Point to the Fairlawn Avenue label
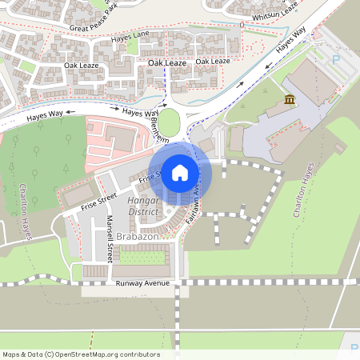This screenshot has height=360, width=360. point(193,204)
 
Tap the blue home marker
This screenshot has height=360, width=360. point(180,172)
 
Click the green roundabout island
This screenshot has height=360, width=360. point(170,122)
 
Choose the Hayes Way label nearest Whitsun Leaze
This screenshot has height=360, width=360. point(291,42)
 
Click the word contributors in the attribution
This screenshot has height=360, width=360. point(140,354)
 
